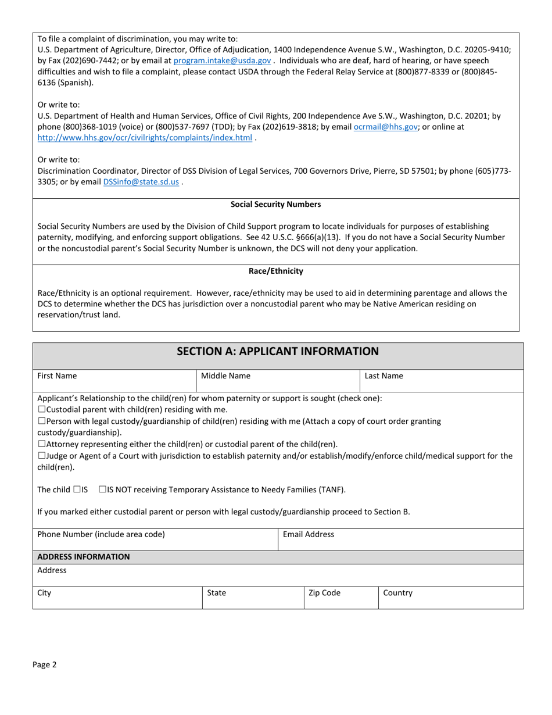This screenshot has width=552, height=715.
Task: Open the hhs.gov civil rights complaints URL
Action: click(145, 138)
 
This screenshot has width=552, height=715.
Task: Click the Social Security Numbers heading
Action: click(275, 205)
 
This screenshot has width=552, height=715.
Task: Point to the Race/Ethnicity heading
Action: click(275, 271)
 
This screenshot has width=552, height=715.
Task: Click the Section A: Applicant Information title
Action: click(277, 352)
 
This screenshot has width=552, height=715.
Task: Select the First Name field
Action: click(114, 382)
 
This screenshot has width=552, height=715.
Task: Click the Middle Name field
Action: click(278, 382)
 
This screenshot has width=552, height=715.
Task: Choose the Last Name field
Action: click(441, 382)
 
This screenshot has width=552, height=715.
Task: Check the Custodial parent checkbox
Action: click(41, 410)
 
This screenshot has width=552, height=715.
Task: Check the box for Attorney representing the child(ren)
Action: click(41, 444)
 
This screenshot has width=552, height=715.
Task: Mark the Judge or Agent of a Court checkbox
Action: click(41, 456)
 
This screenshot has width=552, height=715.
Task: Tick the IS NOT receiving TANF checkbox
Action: click(102, 490)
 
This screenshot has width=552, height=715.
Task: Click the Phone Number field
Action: click(155, 539)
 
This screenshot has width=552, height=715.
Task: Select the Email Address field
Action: click(400, 539)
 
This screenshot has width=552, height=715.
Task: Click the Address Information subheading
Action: click(84, 557)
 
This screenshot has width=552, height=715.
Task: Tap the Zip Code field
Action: click(340, 598)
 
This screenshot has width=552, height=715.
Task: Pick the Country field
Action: click(450, 598)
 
